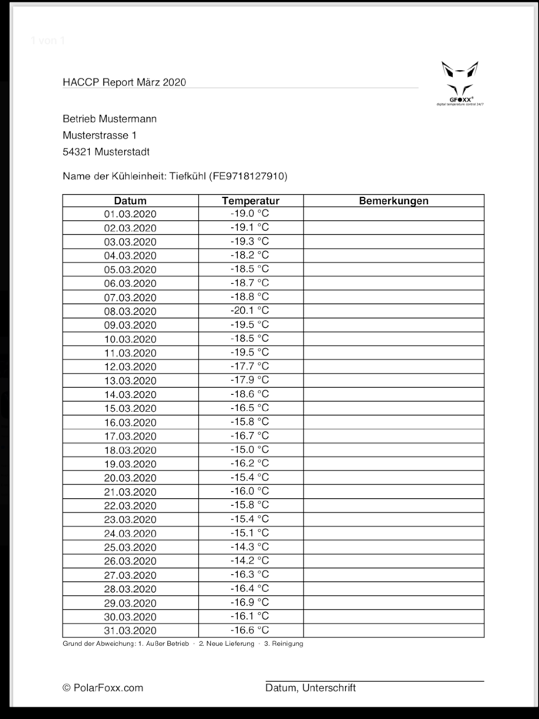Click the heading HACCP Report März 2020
pyautogui.click(x=124, y=82)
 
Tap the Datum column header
pyautogui.click(x=130, y=201)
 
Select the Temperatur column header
pyautogui.click(x=250, y=201)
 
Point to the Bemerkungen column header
pyautogui.click(x=393, y=201)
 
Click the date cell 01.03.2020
pyautogui.click(x=130, y=214)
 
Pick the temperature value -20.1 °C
pyautogui.click(x=249, y=310)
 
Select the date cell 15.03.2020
pyautogui.click(x=130, y=408)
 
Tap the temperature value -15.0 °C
pyautogui.click(x=249, y=449)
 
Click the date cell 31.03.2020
pyautogui.click(x=130, y=630)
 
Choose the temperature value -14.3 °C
pyautogui.click(x=249, y=546)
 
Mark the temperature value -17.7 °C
pyautogui.click(x=249, y=366)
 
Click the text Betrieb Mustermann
pyautogui.click(x=109, y=119)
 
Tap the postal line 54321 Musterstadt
pyautogui.click(x=106, y=152)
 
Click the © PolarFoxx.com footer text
pyautogui.click(x=102, y=688)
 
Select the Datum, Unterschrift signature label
pyautogui.click(x=310, y=688)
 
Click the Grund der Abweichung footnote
pyautogui.click(x=182, y=644)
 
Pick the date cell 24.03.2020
pyautogui.click(x=130, y=533)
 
